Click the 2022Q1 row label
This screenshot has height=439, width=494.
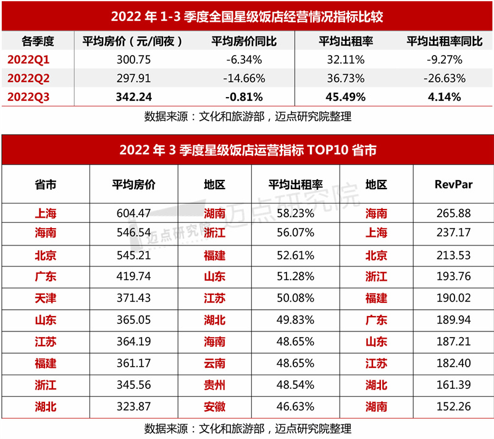coord(28,60)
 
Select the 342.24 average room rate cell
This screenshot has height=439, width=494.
coord(134,97)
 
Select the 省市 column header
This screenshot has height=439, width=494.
coord(46,185)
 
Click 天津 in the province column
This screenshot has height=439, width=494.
coord(46,298)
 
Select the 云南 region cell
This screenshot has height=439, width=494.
coord(214,363)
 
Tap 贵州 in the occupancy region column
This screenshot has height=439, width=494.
coord(214,385)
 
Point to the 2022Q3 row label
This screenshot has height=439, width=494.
coord(28,97)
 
